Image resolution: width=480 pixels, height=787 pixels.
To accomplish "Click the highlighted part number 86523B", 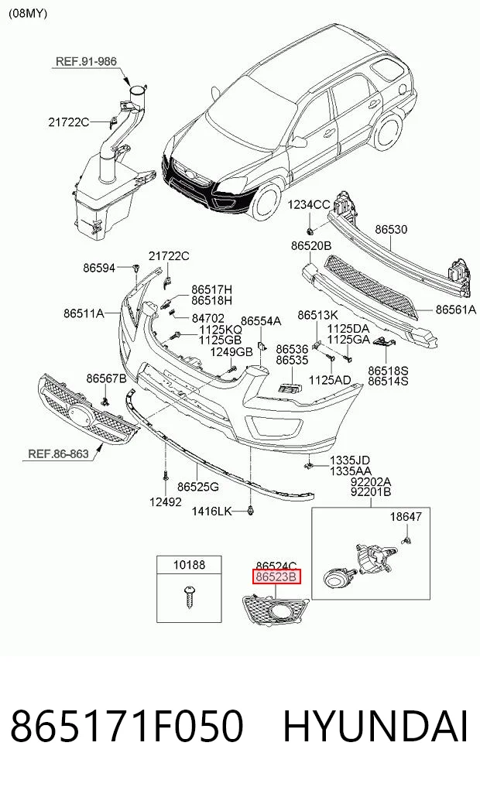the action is (x=276, y=577).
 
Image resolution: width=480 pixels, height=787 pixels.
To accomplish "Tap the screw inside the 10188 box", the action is (x=189, y=597).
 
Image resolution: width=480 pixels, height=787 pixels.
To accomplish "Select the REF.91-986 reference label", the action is (x=86, y=61).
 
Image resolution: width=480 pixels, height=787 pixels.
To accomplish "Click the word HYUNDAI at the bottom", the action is (x=375, y=727).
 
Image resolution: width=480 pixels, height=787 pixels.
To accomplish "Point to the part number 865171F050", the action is (x=127, y=727).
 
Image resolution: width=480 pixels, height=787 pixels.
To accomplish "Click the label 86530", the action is (x=391, y=229).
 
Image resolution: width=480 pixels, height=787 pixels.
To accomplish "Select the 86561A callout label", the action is (x=455, y=310).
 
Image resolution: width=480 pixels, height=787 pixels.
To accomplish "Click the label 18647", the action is (x=406, y=516).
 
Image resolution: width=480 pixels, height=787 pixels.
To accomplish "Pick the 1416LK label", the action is (x=212, y=512).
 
